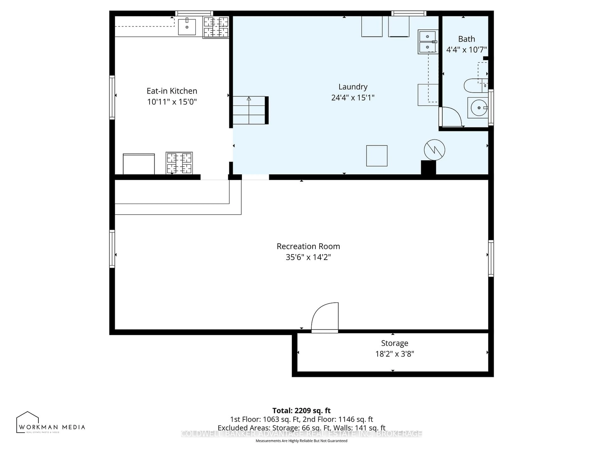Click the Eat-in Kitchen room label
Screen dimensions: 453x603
click(172, 91)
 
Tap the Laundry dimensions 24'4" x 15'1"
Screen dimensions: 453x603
click(353, 98)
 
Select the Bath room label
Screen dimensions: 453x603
click(466, 39)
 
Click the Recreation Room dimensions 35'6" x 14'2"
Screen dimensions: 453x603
click(308, 257)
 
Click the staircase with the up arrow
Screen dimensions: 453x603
click(249, 110)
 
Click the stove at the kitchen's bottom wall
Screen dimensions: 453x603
click(179, 163)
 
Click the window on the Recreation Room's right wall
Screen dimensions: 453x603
click(491, 258)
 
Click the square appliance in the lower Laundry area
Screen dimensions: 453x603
click(377, 156)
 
